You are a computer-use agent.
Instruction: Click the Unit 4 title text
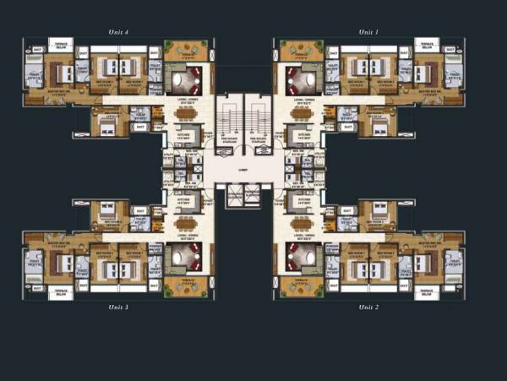pyautogui.click(x=119, y=31)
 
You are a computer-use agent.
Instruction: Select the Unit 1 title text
pyautogui.click(x=368, y=31)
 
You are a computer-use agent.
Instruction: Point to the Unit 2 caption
pyautogui.click(x=368, y=307)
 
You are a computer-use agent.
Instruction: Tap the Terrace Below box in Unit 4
pyautogui.click(x=60, y=45)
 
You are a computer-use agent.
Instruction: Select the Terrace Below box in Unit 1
pyautogui.click(x=427, y=45)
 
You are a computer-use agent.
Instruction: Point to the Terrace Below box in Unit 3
pyautogui.click(x=60, y=292)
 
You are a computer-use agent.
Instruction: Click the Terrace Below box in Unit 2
pyautogui.click(x=428, y=292)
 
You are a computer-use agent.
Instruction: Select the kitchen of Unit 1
pyautogui.click(x=300, y=135)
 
